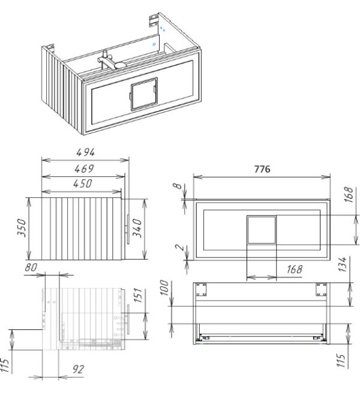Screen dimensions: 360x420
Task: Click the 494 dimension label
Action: pyautogui.click(x=85, y=152)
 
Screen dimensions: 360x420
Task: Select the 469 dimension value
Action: pyautogui.click(x=84, y=169)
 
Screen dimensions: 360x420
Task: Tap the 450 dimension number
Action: pyautogui.click(x=83, y=184)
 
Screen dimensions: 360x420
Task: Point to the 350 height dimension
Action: pyautogui.click(x=22, y=227)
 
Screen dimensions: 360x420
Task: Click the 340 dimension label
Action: pyautogui.click(x=137, y=228)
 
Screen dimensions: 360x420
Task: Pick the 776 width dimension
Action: pyautogui.click(x=262, y=169)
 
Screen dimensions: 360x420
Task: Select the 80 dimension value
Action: pyautogui.click(x=31, y=268)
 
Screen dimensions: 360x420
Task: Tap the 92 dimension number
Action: pyautogui.click(x=78, y=370)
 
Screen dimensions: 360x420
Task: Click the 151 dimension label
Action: pyautogui.click(x=137, y=295)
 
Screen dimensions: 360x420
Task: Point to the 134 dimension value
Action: pyautogui.click(x=343, y=265)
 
